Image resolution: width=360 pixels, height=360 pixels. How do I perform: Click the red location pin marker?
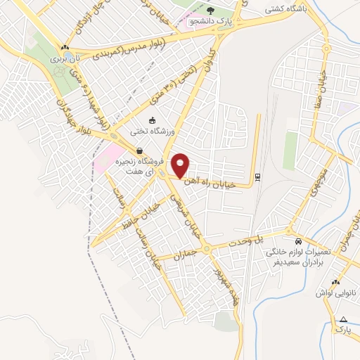[x=181, y=165]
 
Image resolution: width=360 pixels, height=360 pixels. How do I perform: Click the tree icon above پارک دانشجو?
[x=211, y=9]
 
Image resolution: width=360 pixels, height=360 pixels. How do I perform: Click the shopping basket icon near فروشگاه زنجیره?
[x=140, y=150]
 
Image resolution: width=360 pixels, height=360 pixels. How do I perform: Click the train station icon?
[x=257, y=176]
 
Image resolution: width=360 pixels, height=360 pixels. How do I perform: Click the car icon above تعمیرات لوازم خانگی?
[x=297, y=240]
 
